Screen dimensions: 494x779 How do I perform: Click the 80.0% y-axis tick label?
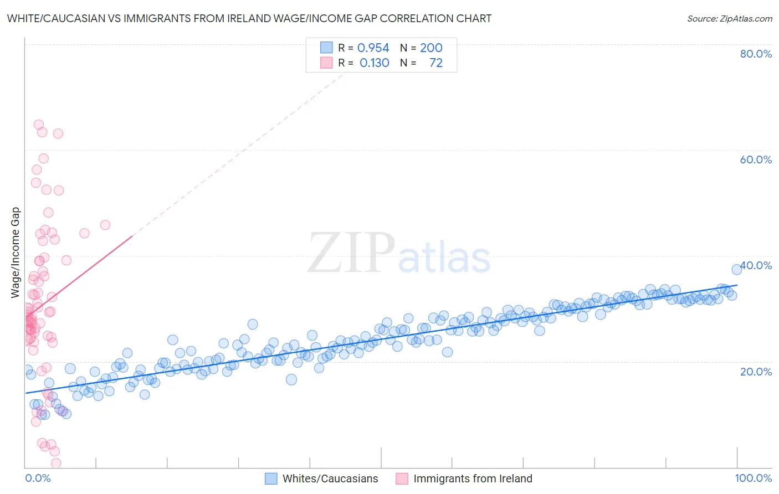756,54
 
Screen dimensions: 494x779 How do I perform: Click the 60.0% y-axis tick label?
756,159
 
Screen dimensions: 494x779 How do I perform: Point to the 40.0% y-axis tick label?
756,265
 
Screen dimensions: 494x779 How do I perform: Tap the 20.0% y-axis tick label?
756,371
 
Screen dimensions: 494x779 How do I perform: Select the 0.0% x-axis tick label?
38,478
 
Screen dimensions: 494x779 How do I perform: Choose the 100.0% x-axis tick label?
753,478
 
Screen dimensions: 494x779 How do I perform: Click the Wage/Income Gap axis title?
16,253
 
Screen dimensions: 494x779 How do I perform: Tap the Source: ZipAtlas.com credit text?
729,18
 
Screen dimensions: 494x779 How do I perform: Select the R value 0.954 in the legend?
373,48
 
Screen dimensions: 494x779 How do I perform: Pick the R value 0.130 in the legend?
374,63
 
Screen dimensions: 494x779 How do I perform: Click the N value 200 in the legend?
431,48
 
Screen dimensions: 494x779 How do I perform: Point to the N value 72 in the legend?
436,63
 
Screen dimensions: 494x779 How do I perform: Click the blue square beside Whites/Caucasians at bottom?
271,478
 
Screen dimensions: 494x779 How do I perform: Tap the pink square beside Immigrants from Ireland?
402,478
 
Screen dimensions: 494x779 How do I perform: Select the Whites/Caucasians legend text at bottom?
330,478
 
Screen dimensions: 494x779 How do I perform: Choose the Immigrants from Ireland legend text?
473,478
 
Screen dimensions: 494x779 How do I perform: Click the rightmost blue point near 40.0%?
736,269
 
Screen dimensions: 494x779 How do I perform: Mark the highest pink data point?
39,125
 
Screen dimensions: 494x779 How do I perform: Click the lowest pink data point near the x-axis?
56,463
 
